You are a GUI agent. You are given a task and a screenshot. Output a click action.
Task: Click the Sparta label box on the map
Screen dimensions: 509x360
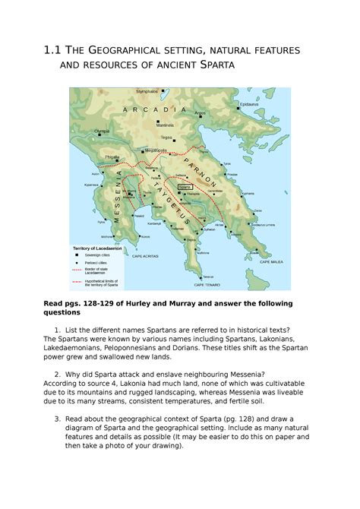(184, 185)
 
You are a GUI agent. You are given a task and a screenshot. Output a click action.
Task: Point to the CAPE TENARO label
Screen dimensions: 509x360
(206, 285)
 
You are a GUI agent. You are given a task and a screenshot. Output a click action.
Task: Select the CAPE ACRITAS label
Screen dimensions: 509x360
(145, 256)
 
